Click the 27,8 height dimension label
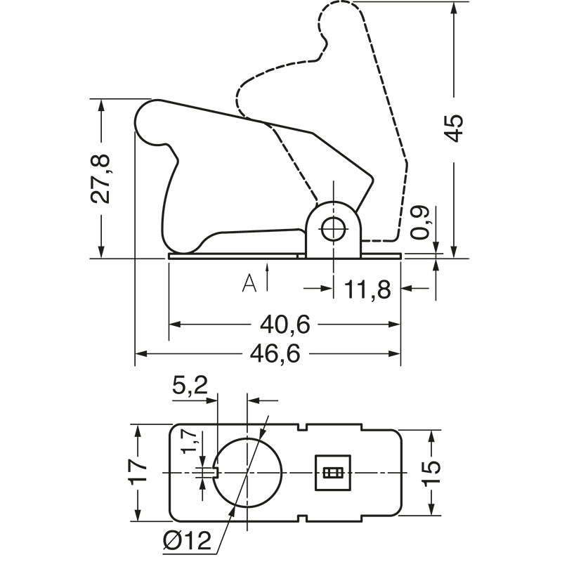(102, 179)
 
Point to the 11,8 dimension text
(368, 288)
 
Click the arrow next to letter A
(268, 277)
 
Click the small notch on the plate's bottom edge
(304, 519)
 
